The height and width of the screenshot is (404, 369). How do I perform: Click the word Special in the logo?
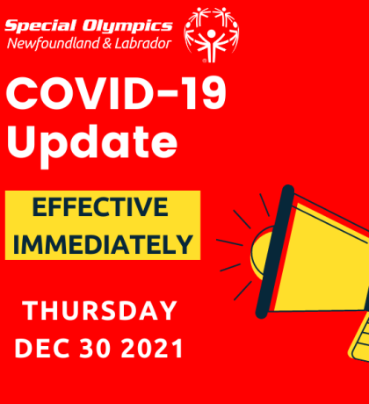(40, 26)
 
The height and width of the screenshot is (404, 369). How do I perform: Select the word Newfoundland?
(54, 43)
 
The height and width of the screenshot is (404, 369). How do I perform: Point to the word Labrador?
(143, 43)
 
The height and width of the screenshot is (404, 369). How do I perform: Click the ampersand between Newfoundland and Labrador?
(107, 44)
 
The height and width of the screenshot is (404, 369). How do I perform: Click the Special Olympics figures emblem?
(212, 34)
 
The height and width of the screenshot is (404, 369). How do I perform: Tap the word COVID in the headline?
(78, 94)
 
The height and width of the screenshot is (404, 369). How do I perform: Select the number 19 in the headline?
(205, 94)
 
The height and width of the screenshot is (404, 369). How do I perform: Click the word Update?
(92, 143)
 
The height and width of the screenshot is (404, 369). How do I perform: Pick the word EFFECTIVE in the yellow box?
(100, 206)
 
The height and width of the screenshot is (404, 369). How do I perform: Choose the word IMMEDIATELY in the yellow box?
(103, 244)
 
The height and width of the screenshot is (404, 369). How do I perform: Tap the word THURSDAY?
(99, 311)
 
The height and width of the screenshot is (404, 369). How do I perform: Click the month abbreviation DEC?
(42, 349)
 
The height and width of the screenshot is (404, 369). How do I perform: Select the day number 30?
(96, 349)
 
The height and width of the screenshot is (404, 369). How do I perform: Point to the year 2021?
(152, 349)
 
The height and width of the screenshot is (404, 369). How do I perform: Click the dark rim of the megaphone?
(275, 252)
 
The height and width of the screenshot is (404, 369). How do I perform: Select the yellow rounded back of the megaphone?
(260, 252)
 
